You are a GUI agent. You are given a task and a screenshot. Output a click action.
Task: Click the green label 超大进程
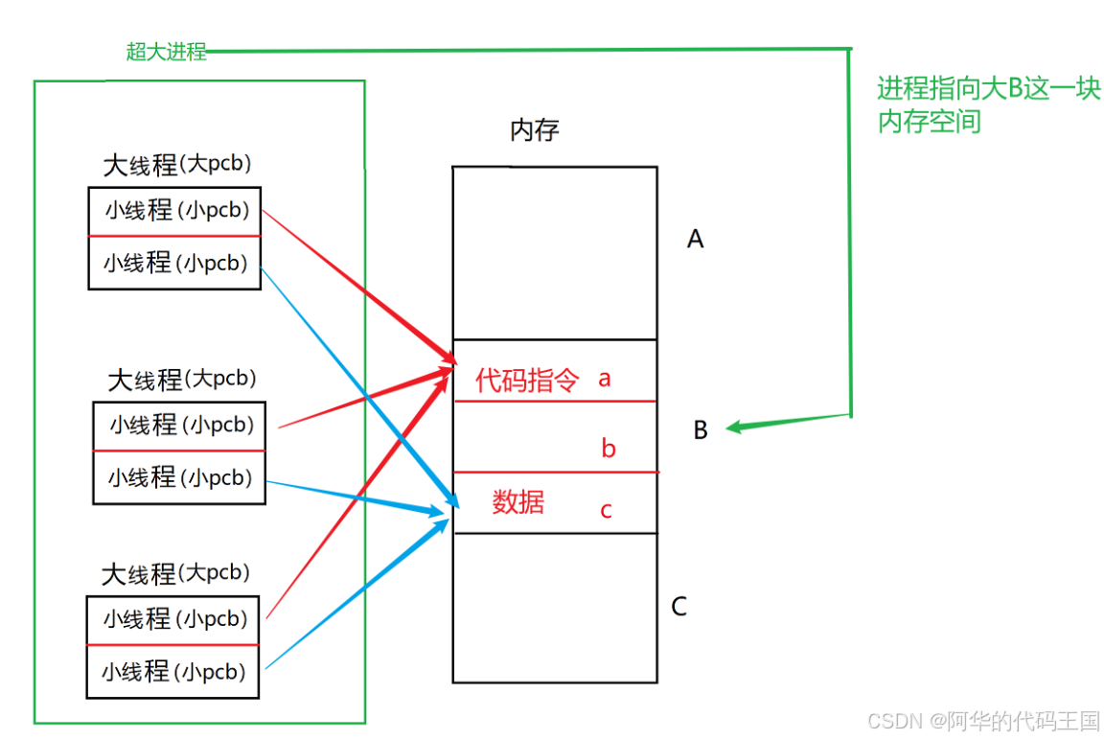coord(166,52)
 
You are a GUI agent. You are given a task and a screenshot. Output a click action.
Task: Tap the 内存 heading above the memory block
coord(534,130)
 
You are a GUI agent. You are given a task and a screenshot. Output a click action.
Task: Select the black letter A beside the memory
coord(696,239)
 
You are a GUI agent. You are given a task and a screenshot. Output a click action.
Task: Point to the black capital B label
coord(701,431)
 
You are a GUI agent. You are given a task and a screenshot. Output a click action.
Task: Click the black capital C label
coord(678,607)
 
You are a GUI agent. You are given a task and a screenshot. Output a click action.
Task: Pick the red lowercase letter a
coord(605,379)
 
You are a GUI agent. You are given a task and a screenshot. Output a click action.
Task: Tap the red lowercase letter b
coord(609,449)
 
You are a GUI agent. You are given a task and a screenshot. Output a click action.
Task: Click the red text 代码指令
coord(527,381)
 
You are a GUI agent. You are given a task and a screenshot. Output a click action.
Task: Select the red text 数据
coord(518,501)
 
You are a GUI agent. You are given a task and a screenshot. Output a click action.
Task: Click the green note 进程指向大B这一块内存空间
coord(988,105)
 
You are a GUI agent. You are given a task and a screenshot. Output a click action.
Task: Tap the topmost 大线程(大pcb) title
coord(177,165)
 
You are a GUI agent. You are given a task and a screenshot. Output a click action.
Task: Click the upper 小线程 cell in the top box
coord(174,211)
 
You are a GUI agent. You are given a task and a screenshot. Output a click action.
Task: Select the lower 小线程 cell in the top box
coord(174,263)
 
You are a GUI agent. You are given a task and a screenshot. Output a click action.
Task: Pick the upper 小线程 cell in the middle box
coord(178,425)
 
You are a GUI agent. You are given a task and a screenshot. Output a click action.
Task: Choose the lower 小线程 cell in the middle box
coord(178,477)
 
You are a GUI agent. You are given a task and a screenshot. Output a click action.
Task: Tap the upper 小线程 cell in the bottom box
coord(172,619)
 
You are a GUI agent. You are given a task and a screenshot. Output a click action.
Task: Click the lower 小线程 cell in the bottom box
coord(172,672)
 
